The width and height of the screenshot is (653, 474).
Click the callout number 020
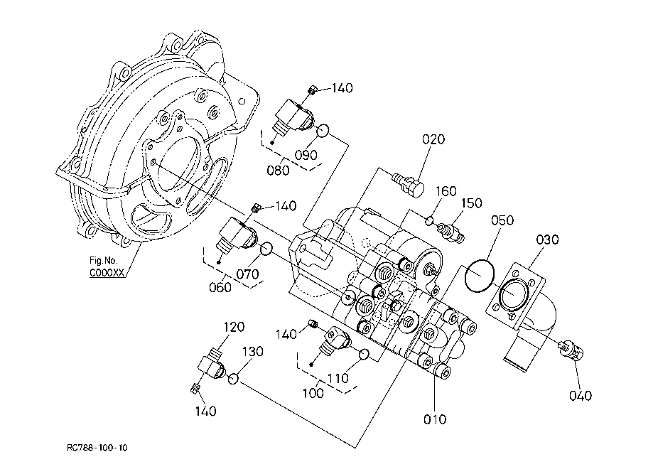pos(433,139)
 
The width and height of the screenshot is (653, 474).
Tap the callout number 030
pos(547,239)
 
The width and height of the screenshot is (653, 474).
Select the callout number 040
pos(581,395)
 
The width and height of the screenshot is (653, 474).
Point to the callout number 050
pos(502,220)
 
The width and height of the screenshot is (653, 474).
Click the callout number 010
pos(435,419)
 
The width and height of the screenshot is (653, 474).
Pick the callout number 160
pos(446,191)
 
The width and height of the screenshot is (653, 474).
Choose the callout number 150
pos(471,203)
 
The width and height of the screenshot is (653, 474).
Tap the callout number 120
pos(234,327)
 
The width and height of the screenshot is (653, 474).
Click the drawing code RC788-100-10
pos(97,448)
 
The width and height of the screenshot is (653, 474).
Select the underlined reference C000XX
pos(107,273)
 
